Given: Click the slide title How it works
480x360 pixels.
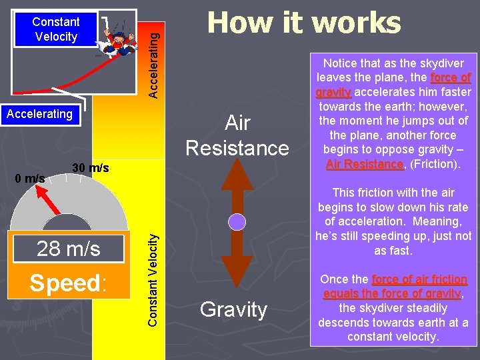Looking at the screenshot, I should click(304, 23).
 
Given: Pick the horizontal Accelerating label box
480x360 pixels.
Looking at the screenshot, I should click(39, 114).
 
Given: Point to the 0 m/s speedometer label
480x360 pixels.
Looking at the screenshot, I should click(30, 178).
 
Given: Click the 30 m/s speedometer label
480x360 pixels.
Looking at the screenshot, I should click(90, 168).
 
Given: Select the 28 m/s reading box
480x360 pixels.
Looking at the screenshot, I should click(69, 249).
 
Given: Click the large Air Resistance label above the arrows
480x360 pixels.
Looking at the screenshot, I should click(237, 135).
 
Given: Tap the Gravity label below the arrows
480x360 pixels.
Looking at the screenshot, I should click(233, 309).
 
